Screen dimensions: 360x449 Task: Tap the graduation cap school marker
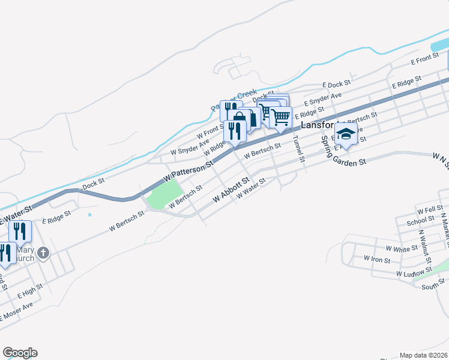346,134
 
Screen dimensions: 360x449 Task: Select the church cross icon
43,253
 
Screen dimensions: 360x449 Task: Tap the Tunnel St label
298,147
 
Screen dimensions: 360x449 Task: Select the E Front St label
425,59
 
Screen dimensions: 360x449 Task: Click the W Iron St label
377,259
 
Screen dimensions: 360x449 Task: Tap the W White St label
402,248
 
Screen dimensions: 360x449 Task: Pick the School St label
416,221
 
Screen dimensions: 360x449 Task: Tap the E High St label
30,291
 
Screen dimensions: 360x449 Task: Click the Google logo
20,353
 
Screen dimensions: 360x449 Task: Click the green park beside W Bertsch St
164,196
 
